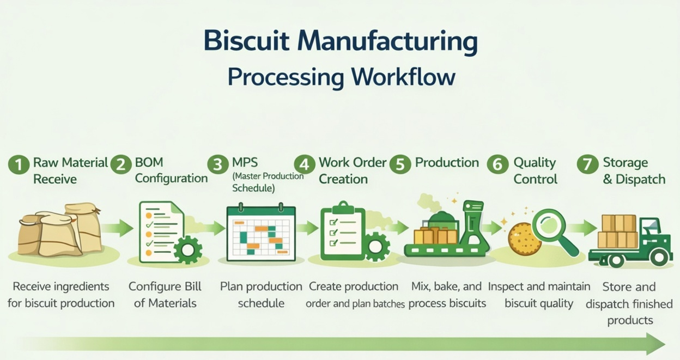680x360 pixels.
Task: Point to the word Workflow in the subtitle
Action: (403, 77)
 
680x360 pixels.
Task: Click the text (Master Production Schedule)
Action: (268, 182)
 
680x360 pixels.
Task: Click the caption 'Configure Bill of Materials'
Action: (165, 295)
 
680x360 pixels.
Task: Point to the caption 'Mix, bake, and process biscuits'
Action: (447, 295)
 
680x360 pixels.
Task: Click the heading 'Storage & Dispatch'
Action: (633, 170)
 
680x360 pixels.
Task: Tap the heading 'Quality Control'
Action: (535, 170)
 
